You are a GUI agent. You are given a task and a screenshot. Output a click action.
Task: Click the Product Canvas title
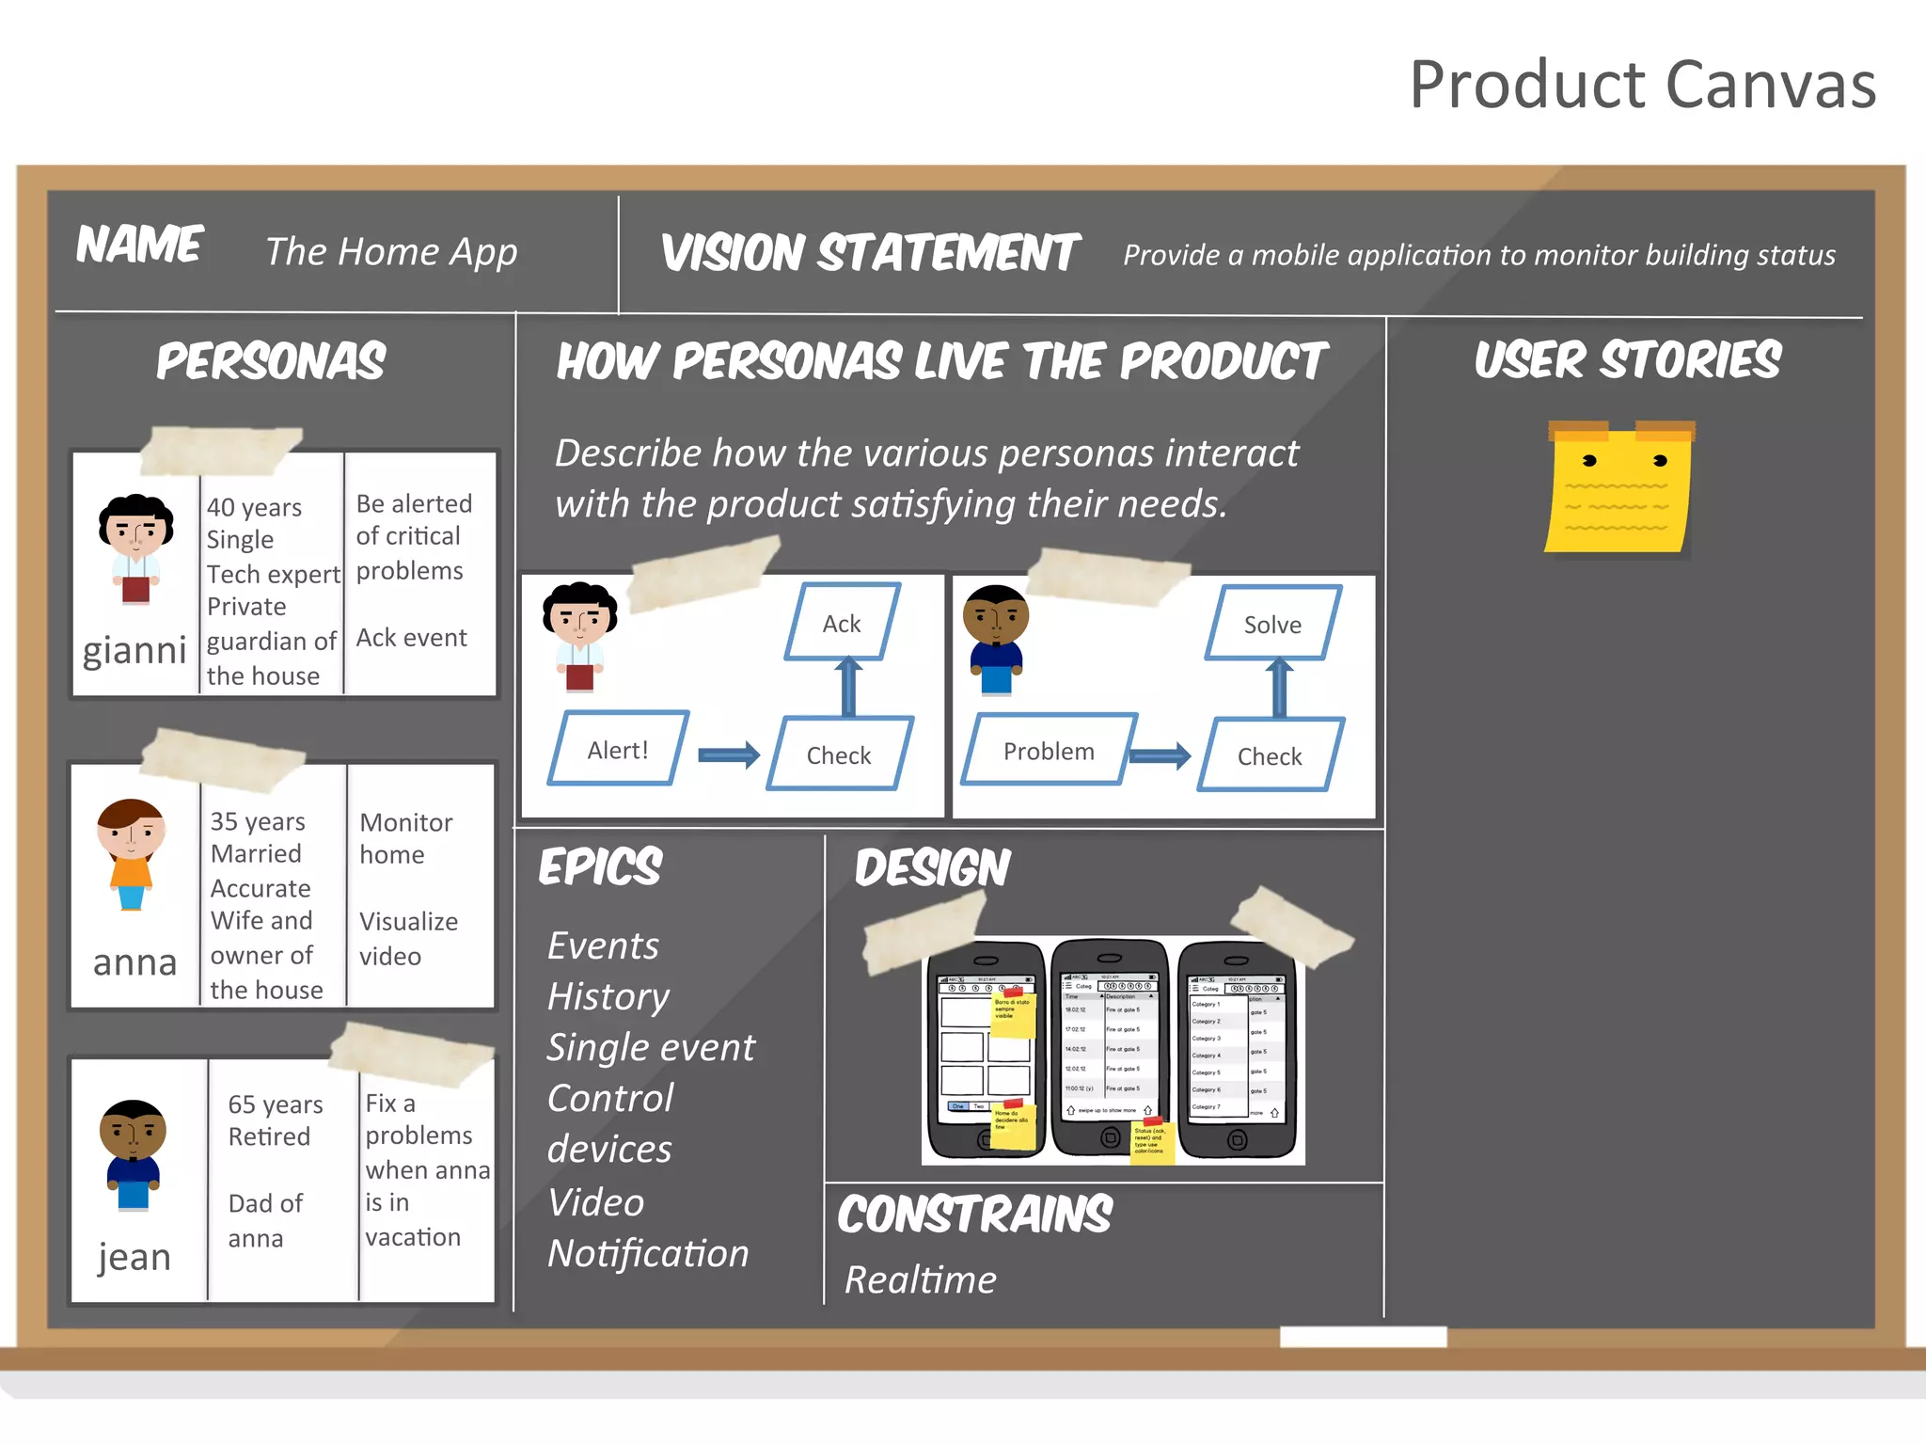(1641, 85)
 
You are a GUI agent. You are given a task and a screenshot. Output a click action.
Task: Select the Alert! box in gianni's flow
(618, 749)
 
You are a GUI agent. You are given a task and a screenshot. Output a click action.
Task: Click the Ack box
(842, 623)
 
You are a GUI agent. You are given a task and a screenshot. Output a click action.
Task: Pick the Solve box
(1272, 624)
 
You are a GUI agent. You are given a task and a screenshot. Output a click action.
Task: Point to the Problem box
(1049, 751)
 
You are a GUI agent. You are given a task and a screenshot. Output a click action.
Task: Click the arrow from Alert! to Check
(729, 754)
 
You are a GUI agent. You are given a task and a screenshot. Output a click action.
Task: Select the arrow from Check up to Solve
(1278, 688)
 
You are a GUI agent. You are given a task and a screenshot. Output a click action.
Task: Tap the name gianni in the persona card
(134, 650)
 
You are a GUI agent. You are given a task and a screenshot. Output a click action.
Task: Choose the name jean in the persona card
(134, 1257)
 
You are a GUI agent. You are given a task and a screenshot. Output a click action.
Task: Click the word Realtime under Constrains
(920, 1279)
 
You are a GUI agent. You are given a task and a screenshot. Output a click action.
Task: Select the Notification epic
(648, 1253)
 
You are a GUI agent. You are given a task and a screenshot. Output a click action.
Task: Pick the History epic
(608, 996)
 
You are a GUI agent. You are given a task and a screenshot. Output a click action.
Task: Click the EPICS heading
(600, 866)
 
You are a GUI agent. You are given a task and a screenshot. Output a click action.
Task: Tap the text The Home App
(391, 251)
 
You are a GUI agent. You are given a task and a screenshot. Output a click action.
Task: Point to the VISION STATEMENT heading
(870, 253)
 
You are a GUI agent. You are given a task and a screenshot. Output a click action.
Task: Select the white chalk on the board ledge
(1363, 1337)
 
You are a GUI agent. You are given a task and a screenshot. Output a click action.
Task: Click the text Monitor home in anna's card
(405, 838)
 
